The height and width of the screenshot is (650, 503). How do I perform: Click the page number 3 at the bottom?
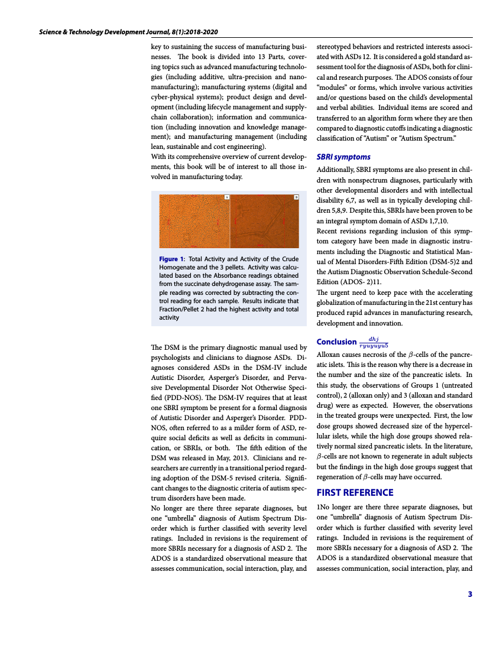470,594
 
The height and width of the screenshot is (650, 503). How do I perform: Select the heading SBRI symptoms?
343,157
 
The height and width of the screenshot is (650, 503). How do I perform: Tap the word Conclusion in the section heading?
336,342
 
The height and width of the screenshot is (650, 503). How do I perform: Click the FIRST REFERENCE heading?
355,492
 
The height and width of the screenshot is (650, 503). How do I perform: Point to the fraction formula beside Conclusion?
374,342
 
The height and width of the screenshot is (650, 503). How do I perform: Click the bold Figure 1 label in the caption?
171,259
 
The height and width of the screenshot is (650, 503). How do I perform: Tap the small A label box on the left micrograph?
226,197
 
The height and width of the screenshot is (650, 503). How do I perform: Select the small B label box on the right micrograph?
296,197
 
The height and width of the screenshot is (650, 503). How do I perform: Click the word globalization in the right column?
336,303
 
